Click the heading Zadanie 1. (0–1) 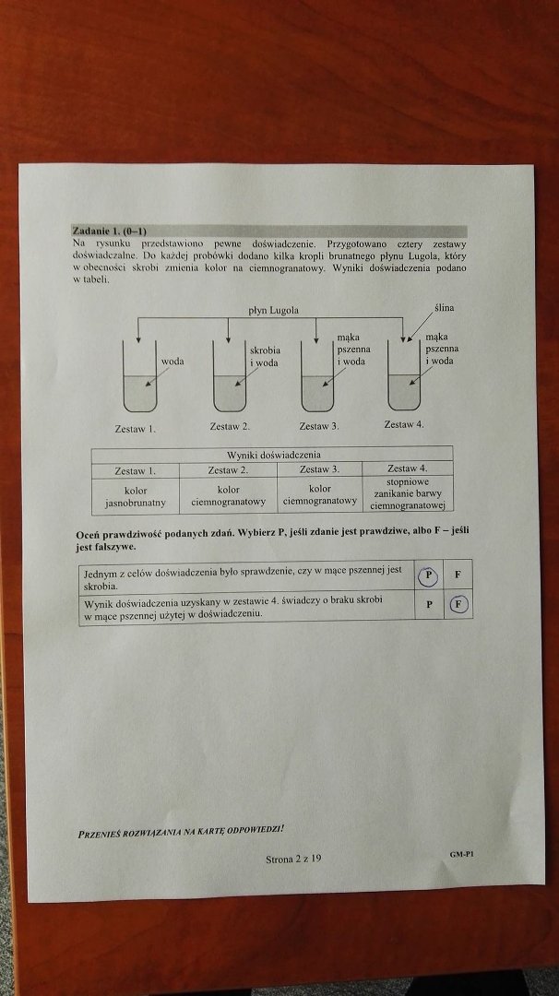109,231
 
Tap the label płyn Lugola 273,310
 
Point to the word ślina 444,308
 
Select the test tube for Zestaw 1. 140,376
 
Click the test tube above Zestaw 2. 230,376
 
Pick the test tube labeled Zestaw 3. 317,376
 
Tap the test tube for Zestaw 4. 405,375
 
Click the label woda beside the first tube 172,361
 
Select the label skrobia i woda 264,356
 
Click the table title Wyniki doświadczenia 274,454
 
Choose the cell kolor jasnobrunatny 136,496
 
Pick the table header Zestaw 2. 228,470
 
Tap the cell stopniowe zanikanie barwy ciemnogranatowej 407,494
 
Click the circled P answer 428,575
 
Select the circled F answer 458,604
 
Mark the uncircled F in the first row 458,575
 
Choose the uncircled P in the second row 430,604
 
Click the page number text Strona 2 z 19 293,859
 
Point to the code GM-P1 462,854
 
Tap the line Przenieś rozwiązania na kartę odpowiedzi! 181,832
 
